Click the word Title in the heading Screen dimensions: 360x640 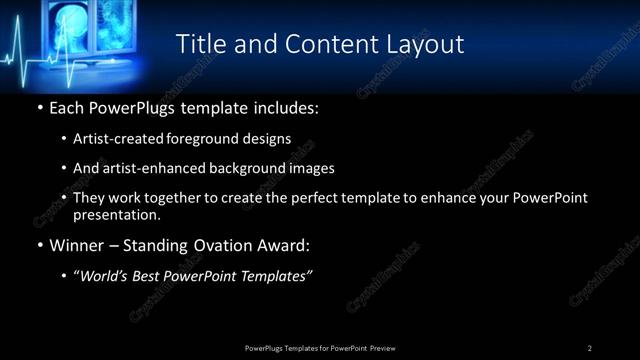click(200, 44)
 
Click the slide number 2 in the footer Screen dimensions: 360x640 click(590, 347)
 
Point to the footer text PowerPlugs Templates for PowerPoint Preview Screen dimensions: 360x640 click(319, 347)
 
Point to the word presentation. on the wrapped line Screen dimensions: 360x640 click(116, 214)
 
